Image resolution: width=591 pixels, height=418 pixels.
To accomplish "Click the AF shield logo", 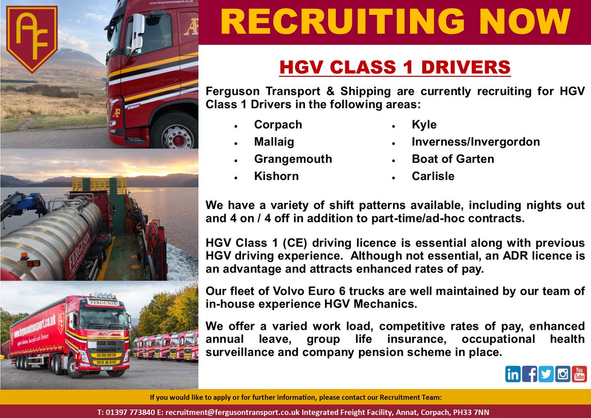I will click(x=32, y=38).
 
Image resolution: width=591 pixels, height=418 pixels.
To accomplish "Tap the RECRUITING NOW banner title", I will click(x=394, y=22).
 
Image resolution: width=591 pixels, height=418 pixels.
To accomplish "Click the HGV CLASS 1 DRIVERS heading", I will click(x=395, y=68).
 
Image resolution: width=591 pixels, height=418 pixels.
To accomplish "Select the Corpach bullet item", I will click(x=278, y=125).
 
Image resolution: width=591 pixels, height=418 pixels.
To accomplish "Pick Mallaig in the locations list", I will click(x=274, y=142).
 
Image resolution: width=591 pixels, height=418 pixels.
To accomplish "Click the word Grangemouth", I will click(x=293, y=159).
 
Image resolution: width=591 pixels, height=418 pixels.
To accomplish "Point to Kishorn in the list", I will click(x=276, y=176).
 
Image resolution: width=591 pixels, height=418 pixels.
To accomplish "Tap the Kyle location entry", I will click(x=424, y=125).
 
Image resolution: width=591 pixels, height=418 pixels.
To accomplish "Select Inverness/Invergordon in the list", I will click(x=476, y=142).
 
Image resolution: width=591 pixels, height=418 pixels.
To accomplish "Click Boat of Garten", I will click(x=453, y=159).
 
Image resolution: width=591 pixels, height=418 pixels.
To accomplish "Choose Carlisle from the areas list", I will click(x=433, y=176).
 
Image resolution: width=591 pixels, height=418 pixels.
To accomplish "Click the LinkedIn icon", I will click(x=513, y=374).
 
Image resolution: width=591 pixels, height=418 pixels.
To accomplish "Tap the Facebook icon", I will click(x=529, y=374).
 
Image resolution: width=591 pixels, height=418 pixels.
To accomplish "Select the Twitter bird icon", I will click(x=546, y=374).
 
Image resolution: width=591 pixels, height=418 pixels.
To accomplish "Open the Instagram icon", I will click(x=562, y=374).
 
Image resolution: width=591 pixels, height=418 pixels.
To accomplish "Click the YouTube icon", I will click(x=579, y=374).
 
